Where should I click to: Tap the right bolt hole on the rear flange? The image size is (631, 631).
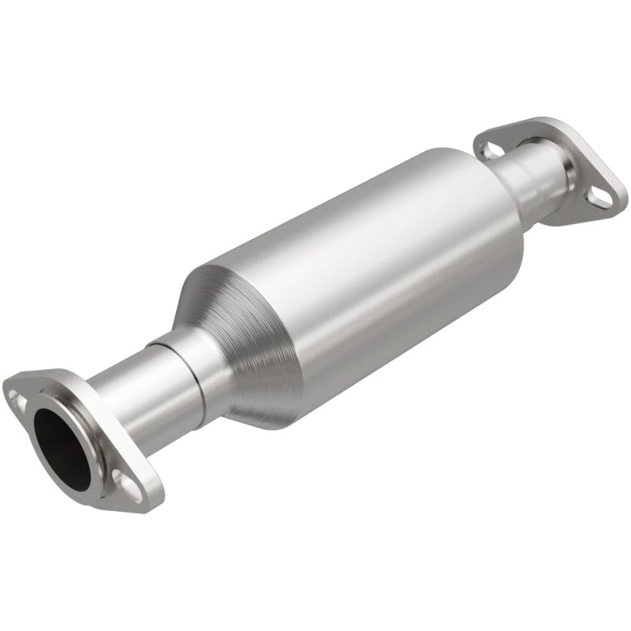pos(599,199)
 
